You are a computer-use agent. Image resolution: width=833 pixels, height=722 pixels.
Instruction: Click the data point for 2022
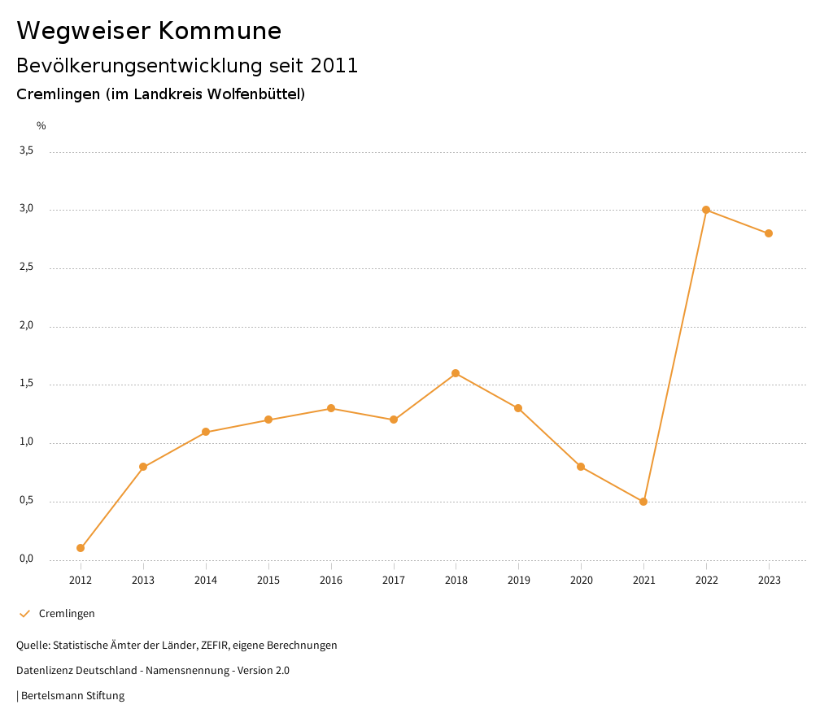coord(706,210)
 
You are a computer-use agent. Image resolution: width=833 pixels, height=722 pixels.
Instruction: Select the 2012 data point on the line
coord(81,548)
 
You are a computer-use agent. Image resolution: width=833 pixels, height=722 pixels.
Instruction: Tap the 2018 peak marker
coord(456,373)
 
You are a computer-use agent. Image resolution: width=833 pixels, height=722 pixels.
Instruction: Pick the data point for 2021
coord(643,502)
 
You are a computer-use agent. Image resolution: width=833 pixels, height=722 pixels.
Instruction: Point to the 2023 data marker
coord(769,233)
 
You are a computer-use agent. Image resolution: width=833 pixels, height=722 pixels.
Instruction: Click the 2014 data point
coord(206,432)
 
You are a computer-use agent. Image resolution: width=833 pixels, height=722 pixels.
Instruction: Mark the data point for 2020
coord(581,467)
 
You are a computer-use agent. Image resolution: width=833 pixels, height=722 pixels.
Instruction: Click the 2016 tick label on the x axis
coord(331,581)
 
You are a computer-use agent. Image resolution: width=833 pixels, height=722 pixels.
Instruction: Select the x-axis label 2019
coord(518,581)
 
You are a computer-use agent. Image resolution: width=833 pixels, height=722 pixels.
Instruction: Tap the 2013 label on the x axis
coord(143,581)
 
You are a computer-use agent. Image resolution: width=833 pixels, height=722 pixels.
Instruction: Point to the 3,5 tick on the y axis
coord(26,150)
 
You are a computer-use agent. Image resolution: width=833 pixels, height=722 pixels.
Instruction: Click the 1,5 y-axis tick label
coord(26,384)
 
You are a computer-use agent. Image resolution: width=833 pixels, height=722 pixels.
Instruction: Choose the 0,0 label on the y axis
coord(26,559)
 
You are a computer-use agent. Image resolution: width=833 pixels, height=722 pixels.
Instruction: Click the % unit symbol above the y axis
coord(41,126)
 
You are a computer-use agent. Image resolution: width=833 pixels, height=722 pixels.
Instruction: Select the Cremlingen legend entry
coord(67,614)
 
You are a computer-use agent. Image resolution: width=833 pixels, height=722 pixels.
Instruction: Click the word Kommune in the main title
coord(220,31)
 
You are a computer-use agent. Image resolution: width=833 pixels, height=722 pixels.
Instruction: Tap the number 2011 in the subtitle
coord(334,66)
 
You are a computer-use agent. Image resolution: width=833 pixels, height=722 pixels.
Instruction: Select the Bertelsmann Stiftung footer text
coord(72,696)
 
